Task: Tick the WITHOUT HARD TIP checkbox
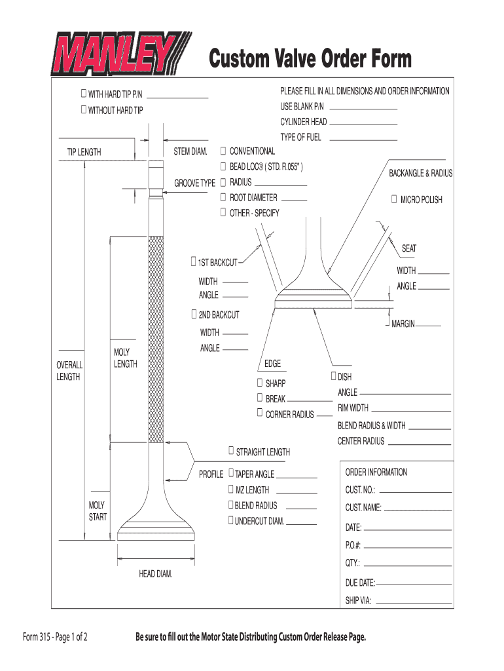pos(83,109)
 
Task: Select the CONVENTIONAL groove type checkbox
pos(223,151)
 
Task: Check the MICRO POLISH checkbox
pos(394,199)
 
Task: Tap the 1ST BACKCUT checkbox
pos(193,261)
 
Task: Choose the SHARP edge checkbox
pos(260,382)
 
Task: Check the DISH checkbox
pos(334,376)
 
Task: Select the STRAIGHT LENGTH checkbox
pos(230,451)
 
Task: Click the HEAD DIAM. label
pos(155,574)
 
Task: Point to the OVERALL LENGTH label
pos(69,371)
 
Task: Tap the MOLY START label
pos(98,511)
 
